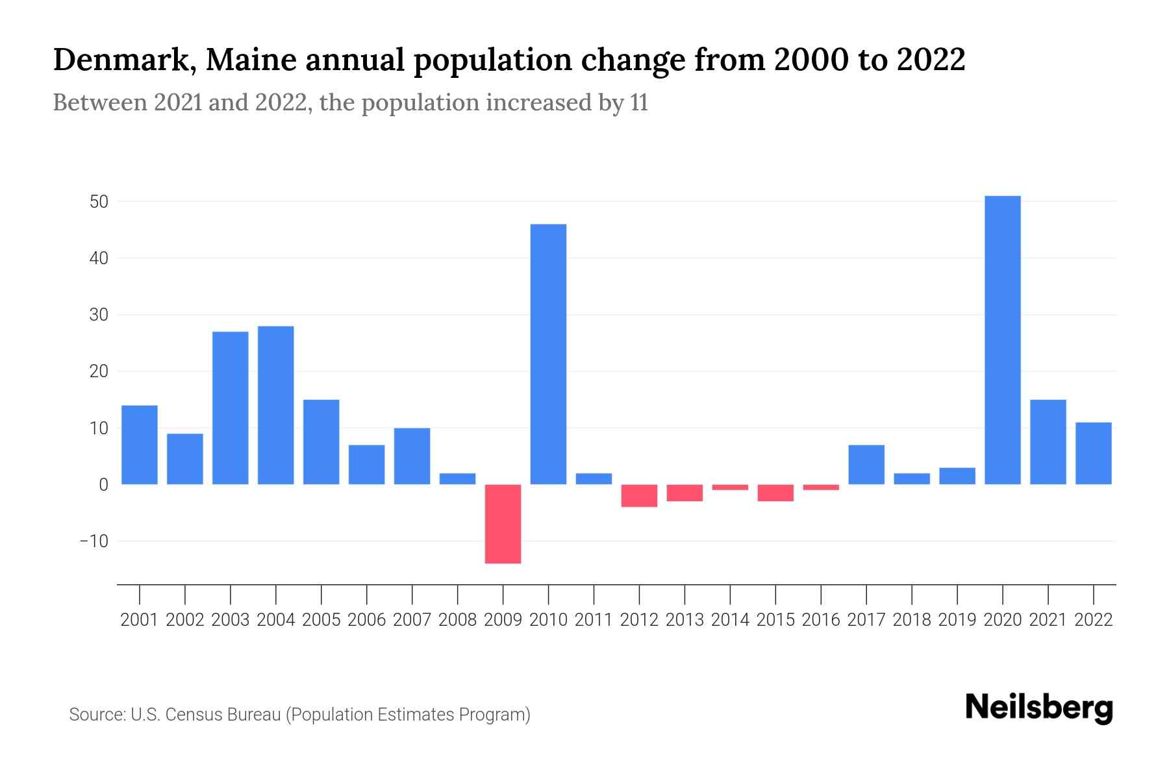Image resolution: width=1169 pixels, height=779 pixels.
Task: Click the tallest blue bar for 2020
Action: [1002, 340]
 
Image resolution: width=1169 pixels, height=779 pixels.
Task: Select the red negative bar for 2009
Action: [503, 524]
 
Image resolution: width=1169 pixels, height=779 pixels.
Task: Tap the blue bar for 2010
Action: [548, 354]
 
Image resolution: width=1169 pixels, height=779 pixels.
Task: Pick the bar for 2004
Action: [275, 405]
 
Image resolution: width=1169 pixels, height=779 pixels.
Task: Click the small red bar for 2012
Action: [639, 495]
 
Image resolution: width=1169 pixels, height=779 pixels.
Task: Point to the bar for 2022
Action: [1093, 453]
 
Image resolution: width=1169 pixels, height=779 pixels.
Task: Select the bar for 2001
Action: [139, 445]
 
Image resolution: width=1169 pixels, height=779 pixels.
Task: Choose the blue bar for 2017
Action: [866, 465]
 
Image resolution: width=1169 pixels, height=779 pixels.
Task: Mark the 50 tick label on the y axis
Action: [99, 202]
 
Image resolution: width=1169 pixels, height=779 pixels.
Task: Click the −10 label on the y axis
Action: [94, 541]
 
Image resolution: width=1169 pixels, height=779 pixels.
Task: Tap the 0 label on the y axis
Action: [103, 485]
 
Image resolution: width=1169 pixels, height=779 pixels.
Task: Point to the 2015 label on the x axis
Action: [775, 620]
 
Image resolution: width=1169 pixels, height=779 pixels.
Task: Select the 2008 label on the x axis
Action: [457, 620]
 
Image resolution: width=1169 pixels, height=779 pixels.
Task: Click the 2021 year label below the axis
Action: [1048, 620]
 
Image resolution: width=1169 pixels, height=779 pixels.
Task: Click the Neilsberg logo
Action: [1038, 708]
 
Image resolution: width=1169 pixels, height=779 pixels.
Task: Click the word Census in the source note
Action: [189, 715]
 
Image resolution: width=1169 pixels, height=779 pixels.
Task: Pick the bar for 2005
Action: [321, 442]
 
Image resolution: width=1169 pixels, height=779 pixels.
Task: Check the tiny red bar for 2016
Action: [821, 487]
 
